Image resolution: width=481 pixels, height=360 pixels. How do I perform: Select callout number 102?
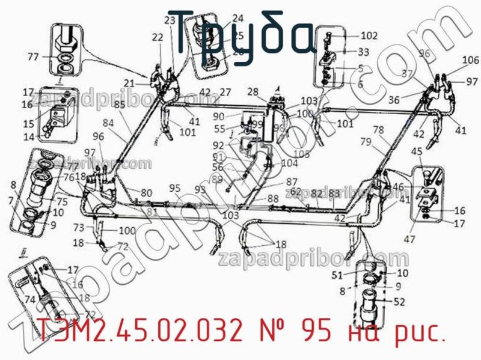point(369,35)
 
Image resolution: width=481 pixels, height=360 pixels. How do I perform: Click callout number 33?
point(363,52)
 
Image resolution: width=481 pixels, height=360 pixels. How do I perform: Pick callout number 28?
point(253,91)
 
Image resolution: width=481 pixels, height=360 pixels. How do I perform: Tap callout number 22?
point(157,37)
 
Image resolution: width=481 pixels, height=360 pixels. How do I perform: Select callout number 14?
point(29,137)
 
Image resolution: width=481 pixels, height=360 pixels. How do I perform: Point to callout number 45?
point(416,152)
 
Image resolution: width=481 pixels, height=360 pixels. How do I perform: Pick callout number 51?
point(337,275)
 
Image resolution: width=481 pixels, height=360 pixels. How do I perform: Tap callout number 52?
point(399,302)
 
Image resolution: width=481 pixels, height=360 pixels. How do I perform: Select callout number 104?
point(289,163)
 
